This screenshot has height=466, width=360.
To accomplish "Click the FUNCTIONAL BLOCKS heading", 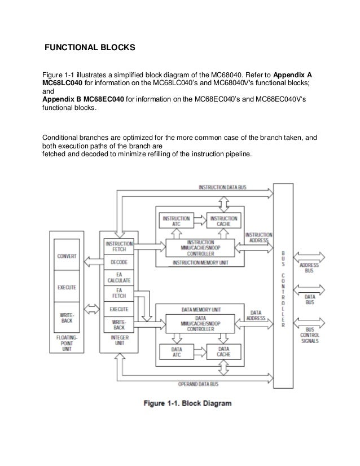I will click(x=90, y=48).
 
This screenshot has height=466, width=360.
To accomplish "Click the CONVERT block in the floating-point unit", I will click(x=67, y=256).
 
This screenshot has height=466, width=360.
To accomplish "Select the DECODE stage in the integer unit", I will click(x=118, y=261).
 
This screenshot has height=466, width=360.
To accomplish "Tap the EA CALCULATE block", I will click(x=118, y=277).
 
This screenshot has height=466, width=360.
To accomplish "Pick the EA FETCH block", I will click(x=118, y=293).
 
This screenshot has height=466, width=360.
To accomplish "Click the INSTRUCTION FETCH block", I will click(x=118, y=245).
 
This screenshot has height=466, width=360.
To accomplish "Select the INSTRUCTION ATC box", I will click(x=176, y=221).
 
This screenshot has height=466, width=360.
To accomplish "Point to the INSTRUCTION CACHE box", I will click(x=224, y=221).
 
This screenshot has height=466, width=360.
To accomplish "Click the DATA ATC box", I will click(x=176, y=353).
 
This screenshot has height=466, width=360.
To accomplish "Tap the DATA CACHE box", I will click(x=224, y=353).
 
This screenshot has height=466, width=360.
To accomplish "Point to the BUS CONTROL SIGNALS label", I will click(x=310, y=337).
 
